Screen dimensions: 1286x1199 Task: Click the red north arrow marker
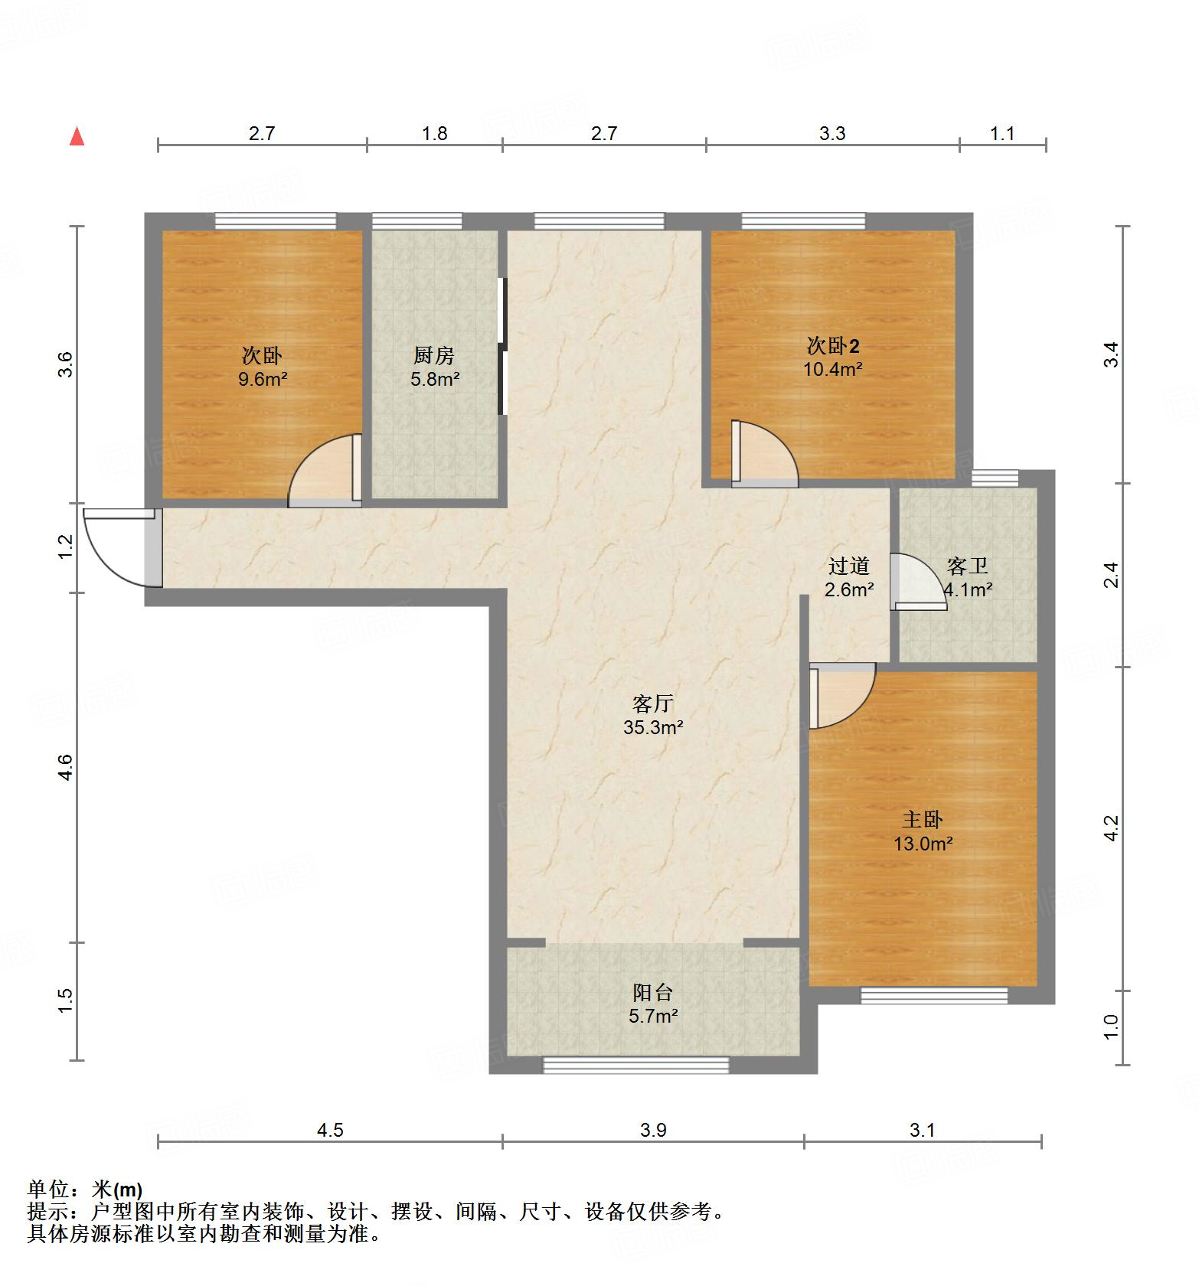tap(77, 137)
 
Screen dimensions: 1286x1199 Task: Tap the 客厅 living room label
tap(652, 702)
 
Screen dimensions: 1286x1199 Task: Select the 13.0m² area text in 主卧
tap(923, 844)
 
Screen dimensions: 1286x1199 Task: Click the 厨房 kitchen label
tap(434, 355)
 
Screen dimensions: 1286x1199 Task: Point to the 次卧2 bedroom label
tap(833, 346)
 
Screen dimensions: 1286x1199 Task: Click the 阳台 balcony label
tap(652, 992)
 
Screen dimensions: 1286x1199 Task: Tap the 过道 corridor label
tap(848, 566)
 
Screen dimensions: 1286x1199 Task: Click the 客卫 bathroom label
tap(967, 566)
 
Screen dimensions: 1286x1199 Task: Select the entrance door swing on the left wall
tap(119, 547)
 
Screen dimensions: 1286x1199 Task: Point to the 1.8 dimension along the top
tap(434, 133)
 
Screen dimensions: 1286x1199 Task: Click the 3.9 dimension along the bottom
tap(653, 1130)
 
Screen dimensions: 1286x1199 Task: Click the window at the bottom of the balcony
tap(635, 1064)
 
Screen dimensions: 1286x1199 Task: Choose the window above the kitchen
tap(417, 221)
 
